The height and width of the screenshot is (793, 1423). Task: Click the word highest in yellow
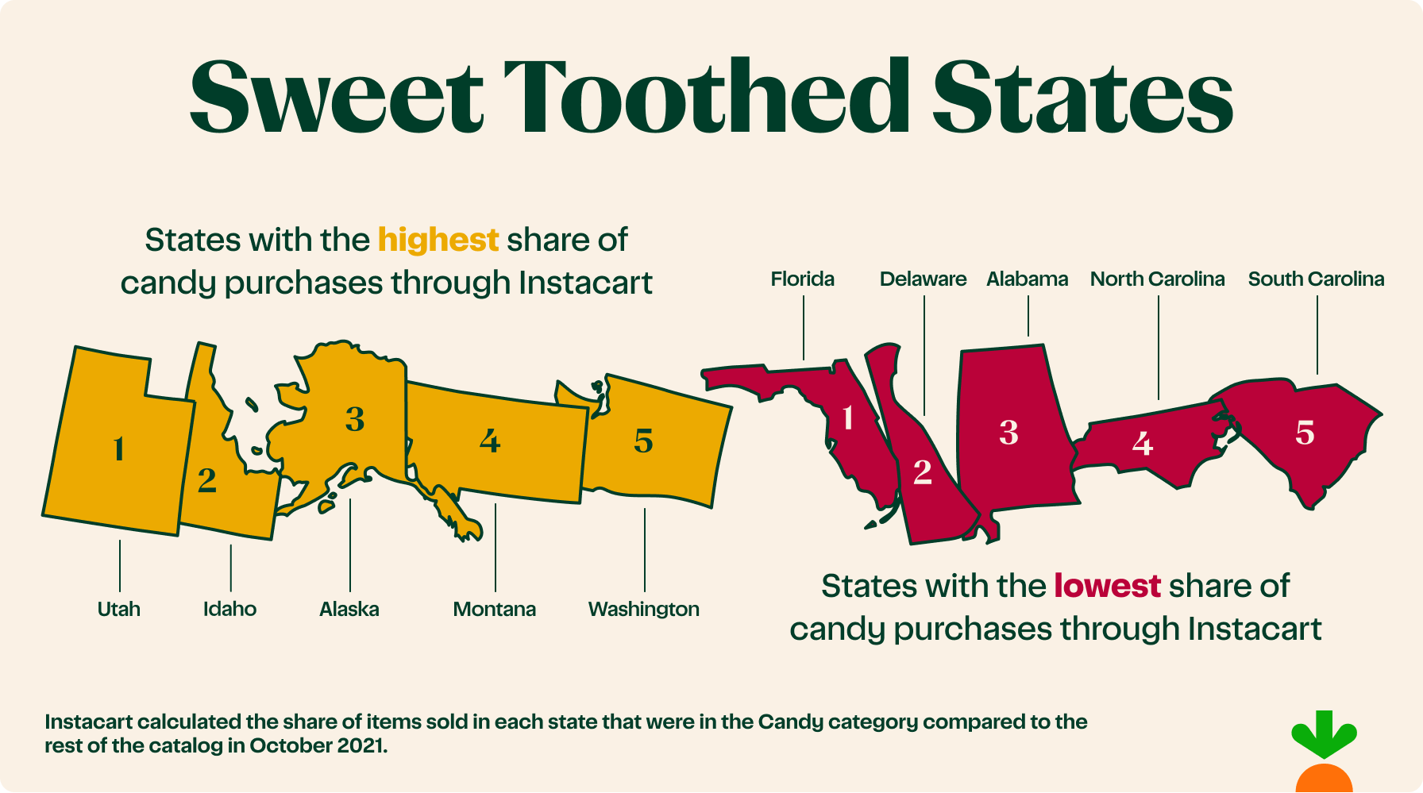[x=438, y=240]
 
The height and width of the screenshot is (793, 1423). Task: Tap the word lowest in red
[x=1107, y=586]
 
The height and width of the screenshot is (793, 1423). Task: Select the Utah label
[x=119, y=609]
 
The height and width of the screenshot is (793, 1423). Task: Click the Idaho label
[x=229, y=609]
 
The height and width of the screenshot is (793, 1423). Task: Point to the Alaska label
[x=349, y=609]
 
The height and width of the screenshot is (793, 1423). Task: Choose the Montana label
[x=494, y=609]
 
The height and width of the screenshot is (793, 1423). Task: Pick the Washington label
[x=643, y=609]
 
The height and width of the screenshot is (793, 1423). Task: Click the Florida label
[x=802, y=279]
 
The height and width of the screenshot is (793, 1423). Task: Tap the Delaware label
[x=923, y=279]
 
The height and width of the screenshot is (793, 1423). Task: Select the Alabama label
[x=1027, y=279]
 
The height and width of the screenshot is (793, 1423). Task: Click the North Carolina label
[x=1157, y=279]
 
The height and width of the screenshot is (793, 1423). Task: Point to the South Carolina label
[x=1316, y=279]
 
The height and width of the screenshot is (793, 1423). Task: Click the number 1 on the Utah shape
[x=119, y=449]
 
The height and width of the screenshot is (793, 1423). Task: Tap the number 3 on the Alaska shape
[x=355, y=419]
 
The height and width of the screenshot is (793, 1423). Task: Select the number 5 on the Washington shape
[x=643, y=441]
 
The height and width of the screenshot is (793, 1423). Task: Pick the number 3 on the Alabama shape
[x=1008, y=433]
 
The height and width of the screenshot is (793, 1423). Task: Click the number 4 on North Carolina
[x=1142, y=444]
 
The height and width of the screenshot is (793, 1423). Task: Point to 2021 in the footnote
[x=361, y=745]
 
